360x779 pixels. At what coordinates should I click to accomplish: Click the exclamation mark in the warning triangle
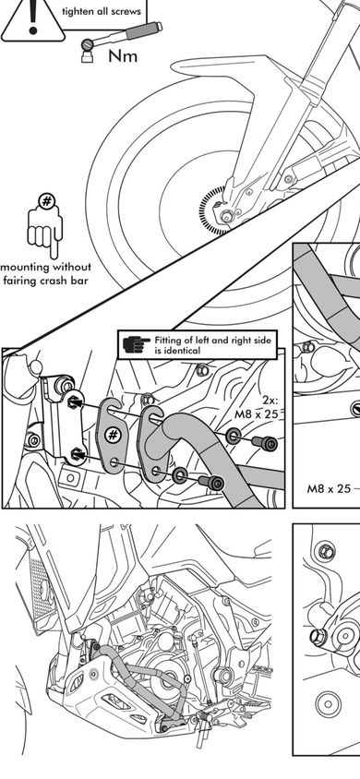(x=33, y=17)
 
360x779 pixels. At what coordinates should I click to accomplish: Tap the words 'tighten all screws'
(x=102, y=10)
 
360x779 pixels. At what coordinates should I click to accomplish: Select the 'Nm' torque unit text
(x=123, y=55)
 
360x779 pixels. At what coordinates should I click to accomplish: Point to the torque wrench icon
(x=119, y=40)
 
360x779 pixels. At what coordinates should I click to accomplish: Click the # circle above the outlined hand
(x=47, y=201)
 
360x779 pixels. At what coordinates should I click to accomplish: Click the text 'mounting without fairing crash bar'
(x=45, y=274)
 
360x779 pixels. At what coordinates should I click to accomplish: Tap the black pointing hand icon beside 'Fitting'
(x=137, y=344)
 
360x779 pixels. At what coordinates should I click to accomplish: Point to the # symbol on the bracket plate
(x=114, y=436)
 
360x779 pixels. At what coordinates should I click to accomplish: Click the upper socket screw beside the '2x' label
(x=264, y=442)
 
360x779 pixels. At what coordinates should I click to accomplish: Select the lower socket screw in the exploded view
(x=210, y=482)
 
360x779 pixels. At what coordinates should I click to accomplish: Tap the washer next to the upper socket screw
(x=233, y=437)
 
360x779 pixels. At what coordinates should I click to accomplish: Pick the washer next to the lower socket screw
(x=179, y=475)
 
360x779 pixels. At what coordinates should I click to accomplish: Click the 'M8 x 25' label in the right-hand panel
(x=329, y=488)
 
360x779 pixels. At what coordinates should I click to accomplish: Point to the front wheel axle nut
(x=227, y=216)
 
